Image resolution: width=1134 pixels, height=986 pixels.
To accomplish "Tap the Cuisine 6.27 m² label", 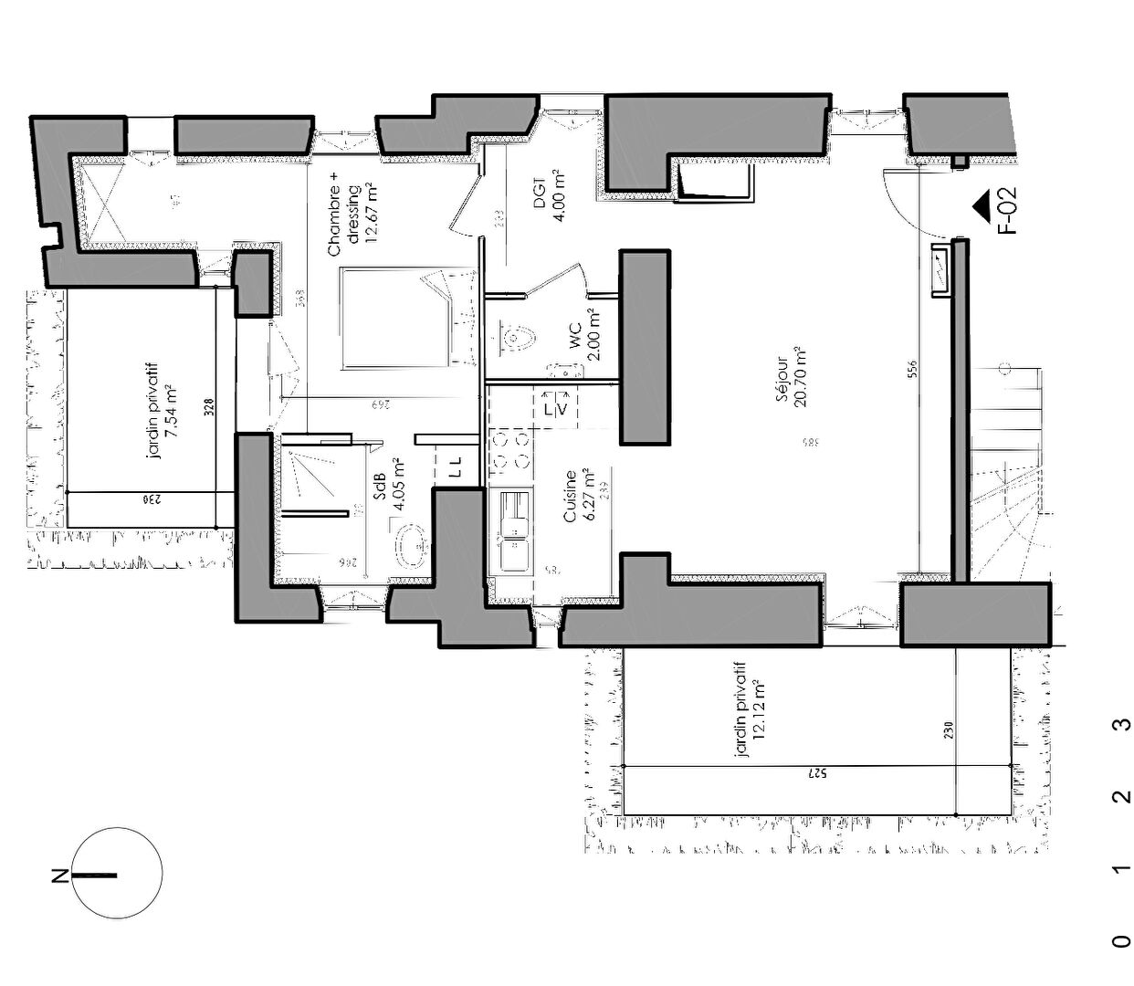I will [x=580, y=496].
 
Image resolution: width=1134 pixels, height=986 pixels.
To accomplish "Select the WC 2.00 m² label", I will [x=584, y=334].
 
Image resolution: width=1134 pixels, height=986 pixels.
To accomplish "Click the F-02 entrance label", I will [x=1008, y=214].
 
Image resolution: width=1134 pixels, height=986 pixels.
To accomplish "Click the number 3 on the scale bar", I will [x=1119, y=726].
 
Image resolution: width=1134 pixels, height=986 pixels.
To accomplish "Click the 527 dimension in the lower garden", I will [x=816, y=774].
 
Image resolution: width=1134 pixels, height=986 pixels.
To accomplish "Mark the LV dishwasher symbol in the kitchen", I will [x=555, y=409].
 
